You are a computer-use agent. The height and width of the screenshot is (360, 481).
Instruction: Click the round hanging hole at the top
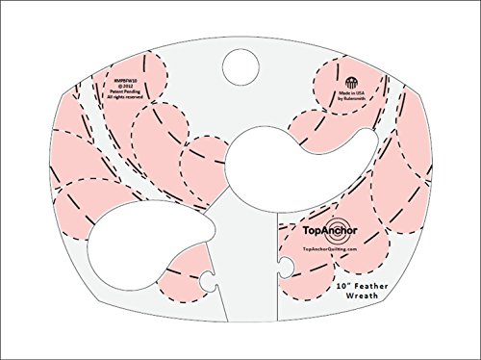tap(240, 64)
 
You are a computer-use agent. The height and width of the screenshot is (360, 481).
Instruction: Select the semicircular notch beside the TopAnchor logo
tap(281, 262)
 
